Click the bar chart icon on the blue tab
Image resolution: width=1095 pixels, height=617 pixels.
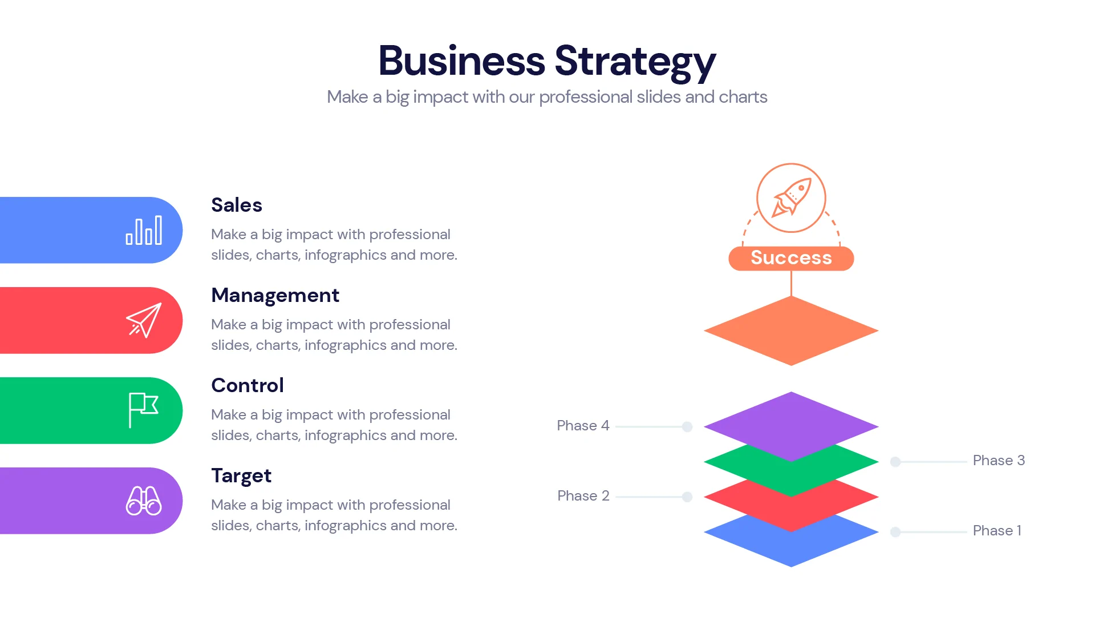click(144, 231)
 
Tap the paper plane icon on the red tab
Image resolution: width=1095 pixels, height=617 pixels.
click(144, 321)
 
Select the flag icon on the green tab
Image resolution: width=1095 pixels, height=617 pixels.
click(143, 410)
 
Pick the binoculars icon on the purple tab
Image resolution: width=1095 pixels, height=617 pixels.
click(144, 501)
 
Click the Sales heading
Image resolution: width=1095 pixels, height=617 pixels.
click(237, 205)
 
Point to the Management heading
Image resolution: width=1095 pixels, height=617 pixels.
click(275, 295)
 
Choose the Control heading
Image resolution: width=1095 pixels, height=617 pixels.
click(248, 385)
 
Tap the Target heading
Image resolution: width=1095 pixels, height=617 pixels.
click(241, 475)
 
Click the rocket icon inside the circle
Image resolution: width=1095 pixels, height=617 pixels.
click(791, 197)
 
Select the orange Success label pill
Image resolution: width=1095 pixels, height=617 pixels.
click(791, 258)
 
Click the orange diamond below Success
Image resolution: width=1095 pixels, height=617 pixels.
click(791, 330)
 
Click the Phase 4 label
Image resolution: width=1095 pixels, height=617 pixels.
click(583, 426)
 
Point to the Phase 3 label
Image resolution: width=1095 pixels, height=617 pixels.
click(999, 461)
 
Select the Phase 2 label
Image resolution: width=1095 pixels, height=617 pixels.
click(583, 496)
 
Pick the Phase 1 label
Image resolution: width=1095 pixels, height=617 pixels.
click(997, 531)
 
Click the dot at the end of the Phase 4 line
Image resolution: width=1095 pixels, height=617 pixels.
click(687, 427)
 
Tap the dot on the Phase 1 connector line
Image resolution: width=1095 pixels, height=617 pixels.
click(895, 532)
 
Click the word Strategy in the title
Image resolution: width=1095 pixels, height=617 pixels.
click(635, 61)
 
